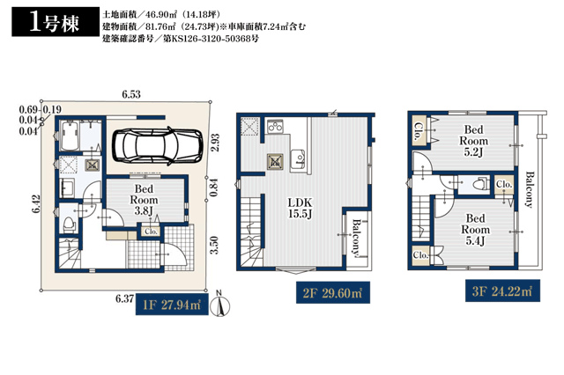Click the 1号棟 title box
pyautogui.click(x=56, y=21)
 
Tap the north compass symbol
pyautogui.click(x=219, y=304)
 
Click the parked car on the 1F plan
pyautogui.click(x=158, y=146)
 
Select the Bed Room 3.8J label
pyautogui.click(x=144, y=200)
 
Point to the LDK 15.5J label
pyautogui.click(x=300, y=208)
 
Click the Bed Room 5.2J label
pyautogui.click(x=473, y=141)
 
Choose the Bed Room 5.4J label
pyautogui.click(x=476, y=229)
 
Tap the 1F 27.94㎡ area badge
pyautogui.click(x=172, y=305)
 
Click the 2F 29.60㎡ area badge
pyautogui.click(x=333, y=293)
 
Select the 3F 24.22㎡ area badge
pyautogui.click(x=502, y=290)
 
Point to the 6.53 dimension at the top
pyautogui.click(x=131, y=94)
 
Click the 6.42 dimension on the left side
pyautogui.click(x=36, y=203)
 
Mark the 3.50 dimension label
pyautogui.click(x=214, y=245)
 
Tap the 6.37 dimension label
pyautogui.click(x=124, y=298)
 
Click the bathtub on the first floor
pyautogui.click(x=70, y=136)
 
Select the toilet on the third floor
pyautogui.click(x=479, y=184)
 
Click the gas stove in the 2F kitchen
pyautogui.click(x=275, y=127)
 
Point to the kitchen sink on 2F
pyautogui.click(x=298, y=159)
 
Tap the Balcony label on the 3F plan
pyautogui.click(x=529, y=189)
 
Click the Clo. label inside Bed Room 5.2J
pyautogui.click(x=419, y=131)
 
